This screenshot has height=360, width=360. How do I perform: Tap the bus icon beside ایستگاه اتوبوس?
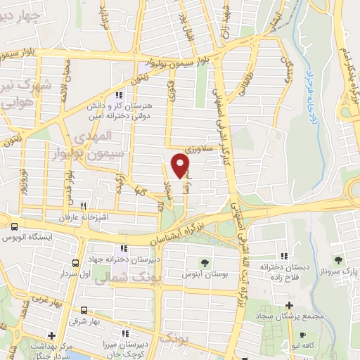14,226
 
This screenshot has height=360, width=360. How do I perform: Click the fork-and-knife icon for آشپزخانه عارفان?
83,206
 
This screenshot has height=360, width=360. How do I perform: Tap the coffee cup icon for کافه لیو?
302,336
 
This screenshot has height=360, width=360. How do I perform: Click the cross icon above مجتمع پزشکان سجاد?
289,304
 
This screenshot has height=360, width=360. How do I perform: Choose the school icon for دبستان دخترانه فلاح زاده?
283,256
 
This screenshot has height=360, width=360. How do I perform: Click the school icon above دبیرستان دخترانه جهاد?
124,247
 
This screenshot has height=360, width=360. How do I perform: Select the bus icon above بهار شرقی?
84,309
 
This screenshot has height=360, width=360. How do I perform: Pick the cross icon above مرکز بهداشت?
50,335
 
